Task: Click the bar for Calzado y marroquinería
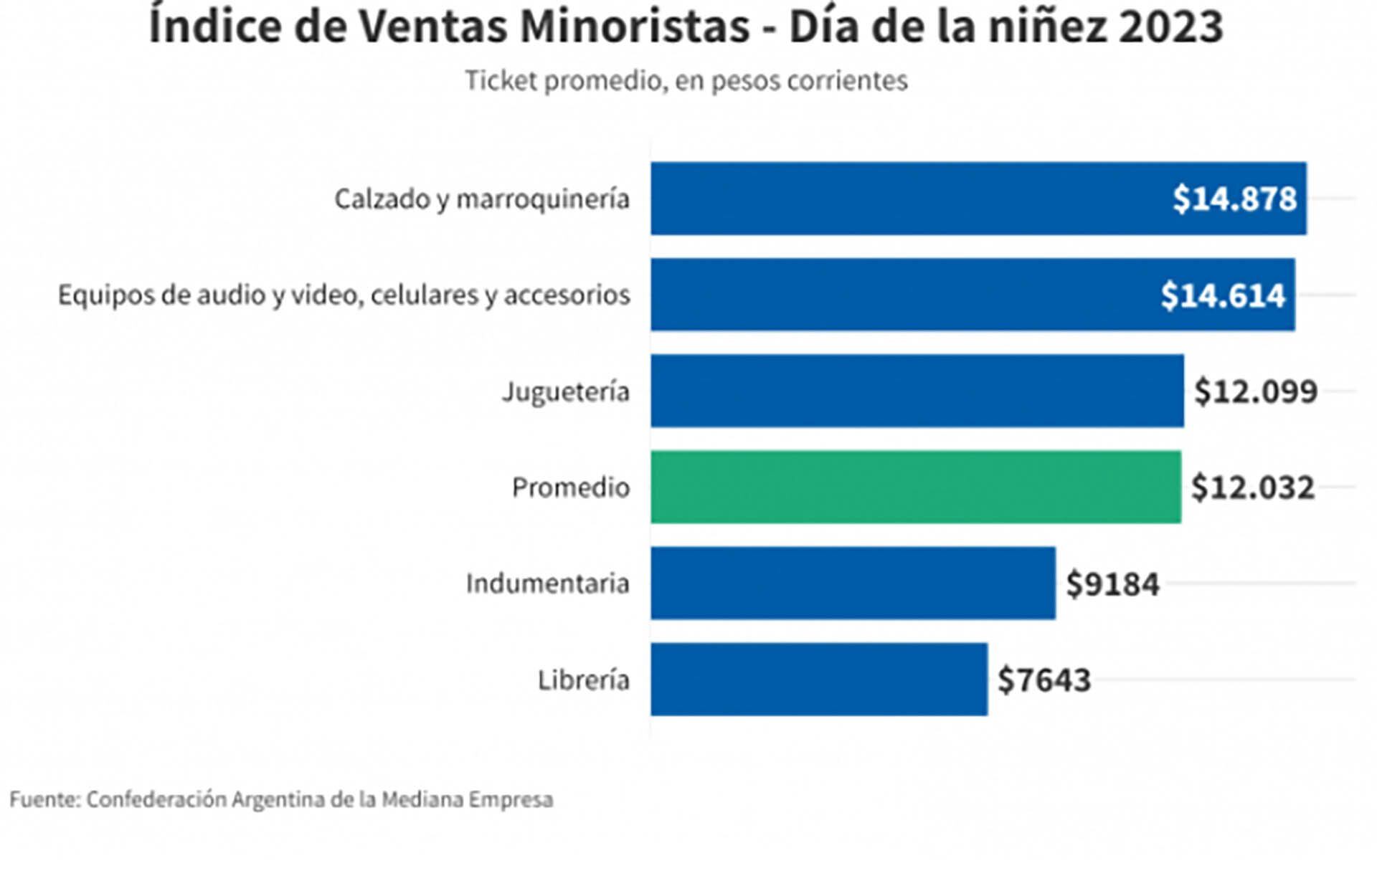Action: tap(911, 199)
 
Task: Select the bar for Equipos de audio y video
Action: tap(904, 295)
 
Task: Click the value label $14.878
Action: tap(1234, 199)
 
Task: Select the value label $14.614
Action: tap(1223, 295)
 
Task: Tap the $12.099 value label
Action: tap(1256, 391)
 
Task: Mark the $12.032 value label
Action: tap(1253, 487)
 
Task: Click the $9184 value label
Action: tap(1112, 584)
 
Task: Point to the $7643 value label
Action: tap(1044, 680)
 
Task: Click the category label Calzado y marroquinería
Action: tap(482, 199)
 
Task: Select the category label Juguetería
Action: tap(566, 391)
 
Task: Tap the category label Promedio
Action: tap(571, 487)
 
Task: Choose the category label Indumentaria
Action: tap(548, 584)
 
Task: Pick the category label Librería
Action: tap(584, 680)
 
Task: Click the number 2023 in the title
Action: tap(1170, 27)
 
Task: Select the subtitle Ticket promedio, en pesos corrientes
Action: tap(686, 80)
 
